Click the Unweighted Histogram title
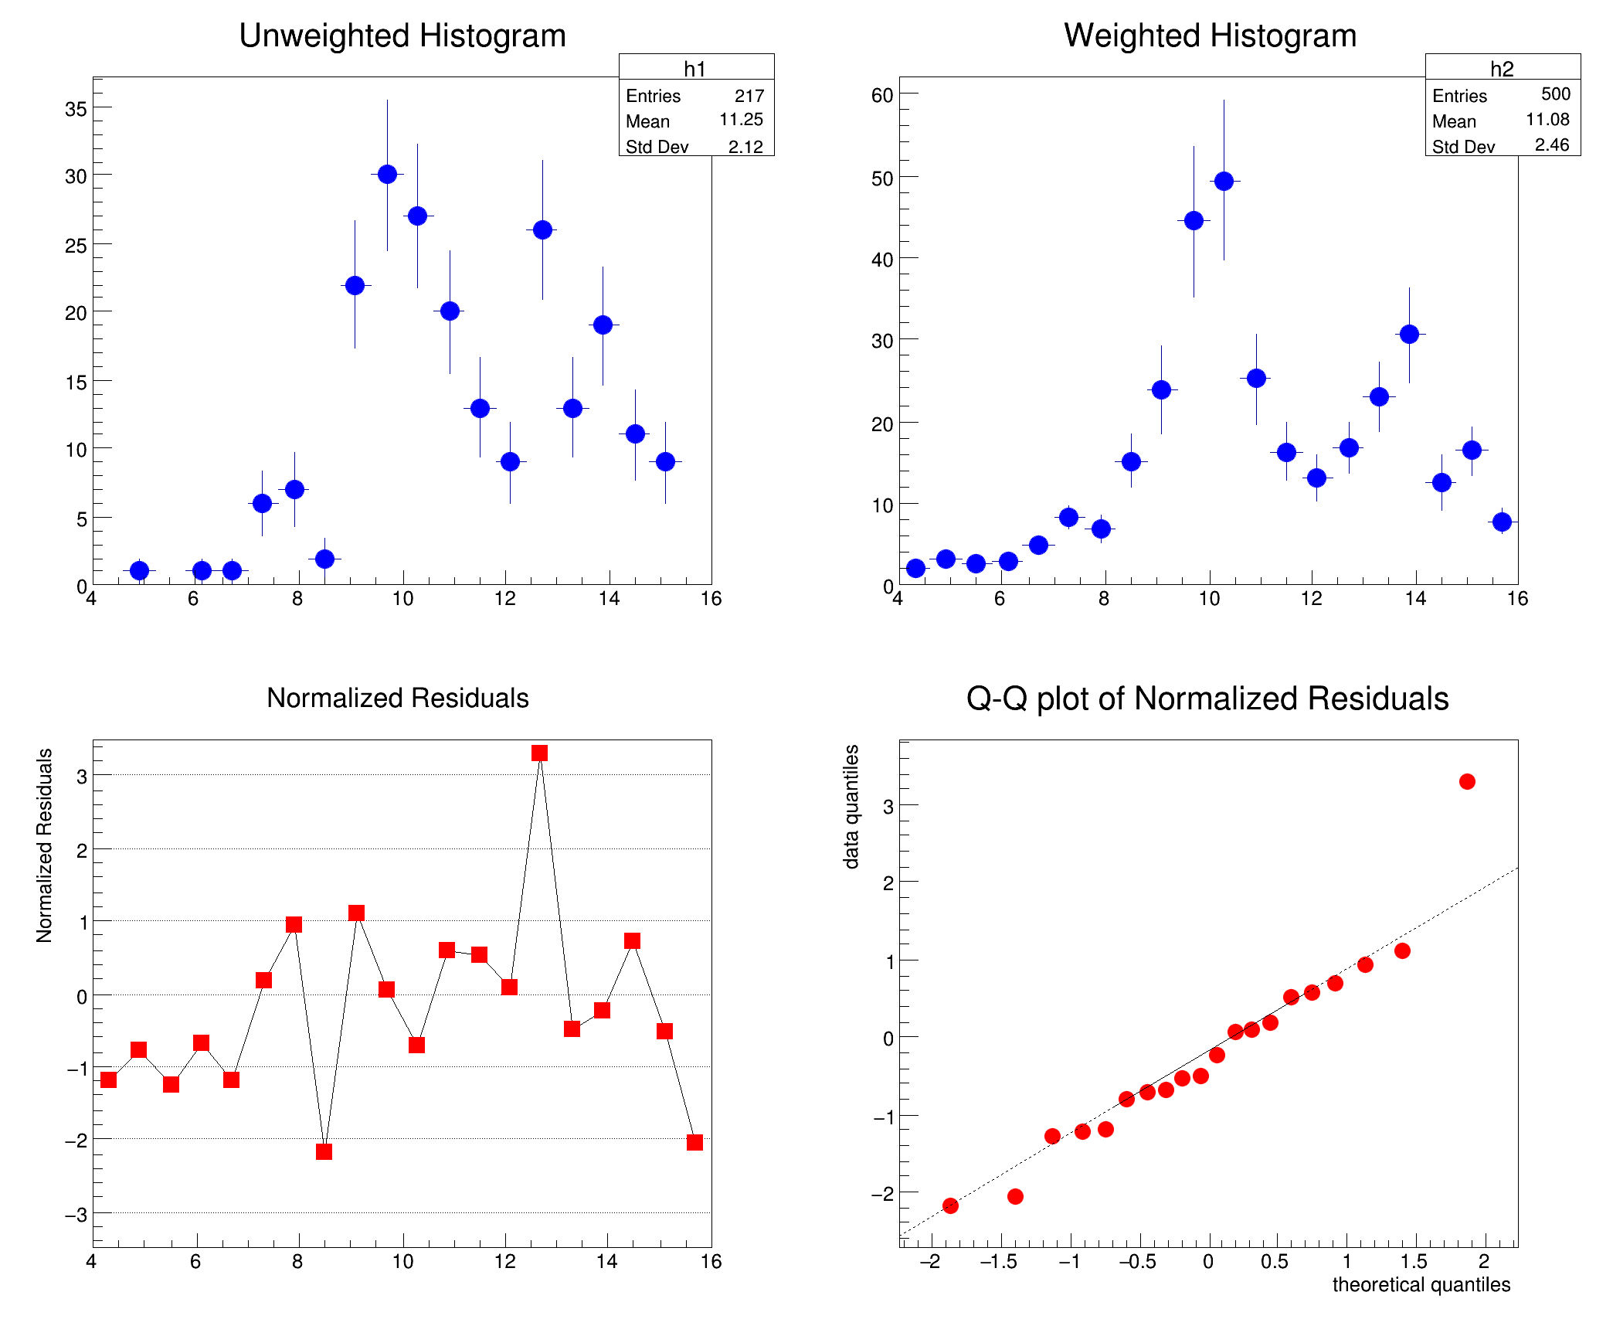pyautogui.click(x=402, y=36)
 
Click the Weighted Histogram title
pyautogui.click(x=1210, y=36)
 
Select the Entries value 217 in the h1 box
pyautogui.click(x=749, y=96)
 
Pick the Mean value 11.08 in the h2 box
pyautogui.click(x=1547, y=120)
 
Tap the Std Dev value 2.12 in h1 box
pyautogui.click(x=745, y=147)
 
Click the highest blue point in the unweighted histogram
pyautogui.click(x=388, y=175)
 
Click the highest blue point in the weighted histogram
pyautogui.click(x=1224, y=182)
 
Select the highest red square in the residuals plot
pyautogui.click(x=540, y=753)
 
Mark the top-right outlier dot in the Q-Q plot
pyautogui.click(x=1467, y=782)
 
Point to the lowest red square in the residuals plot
pyautogui.click(x=324, y=1151)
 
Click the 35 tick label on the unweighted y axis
pyautogui.click(x=76, y=109)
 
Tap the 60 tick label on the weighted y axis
pyautogui.click(x=882, y=96)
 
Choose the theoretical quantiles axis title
pyautogui.click(x=1421, y=1284)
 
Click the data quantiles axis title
pyautogui.click(x=851, y=807)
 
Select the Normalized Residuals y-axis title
pyautogui.click(x=45, y=845)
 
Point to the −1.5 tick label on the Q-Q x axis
pyautogui.click(x=999, y=1262)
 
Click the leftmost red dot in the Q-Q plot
pyautogui.click(x=950, y=1205)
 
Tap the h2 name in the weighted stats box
pyautogui.click(x=1502, y=69)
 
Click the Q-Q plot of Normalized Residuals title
pyautogui.click(x=1207, y=699)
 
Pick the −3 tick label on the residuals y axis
pyautogui.click(x=76, y=1215)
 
